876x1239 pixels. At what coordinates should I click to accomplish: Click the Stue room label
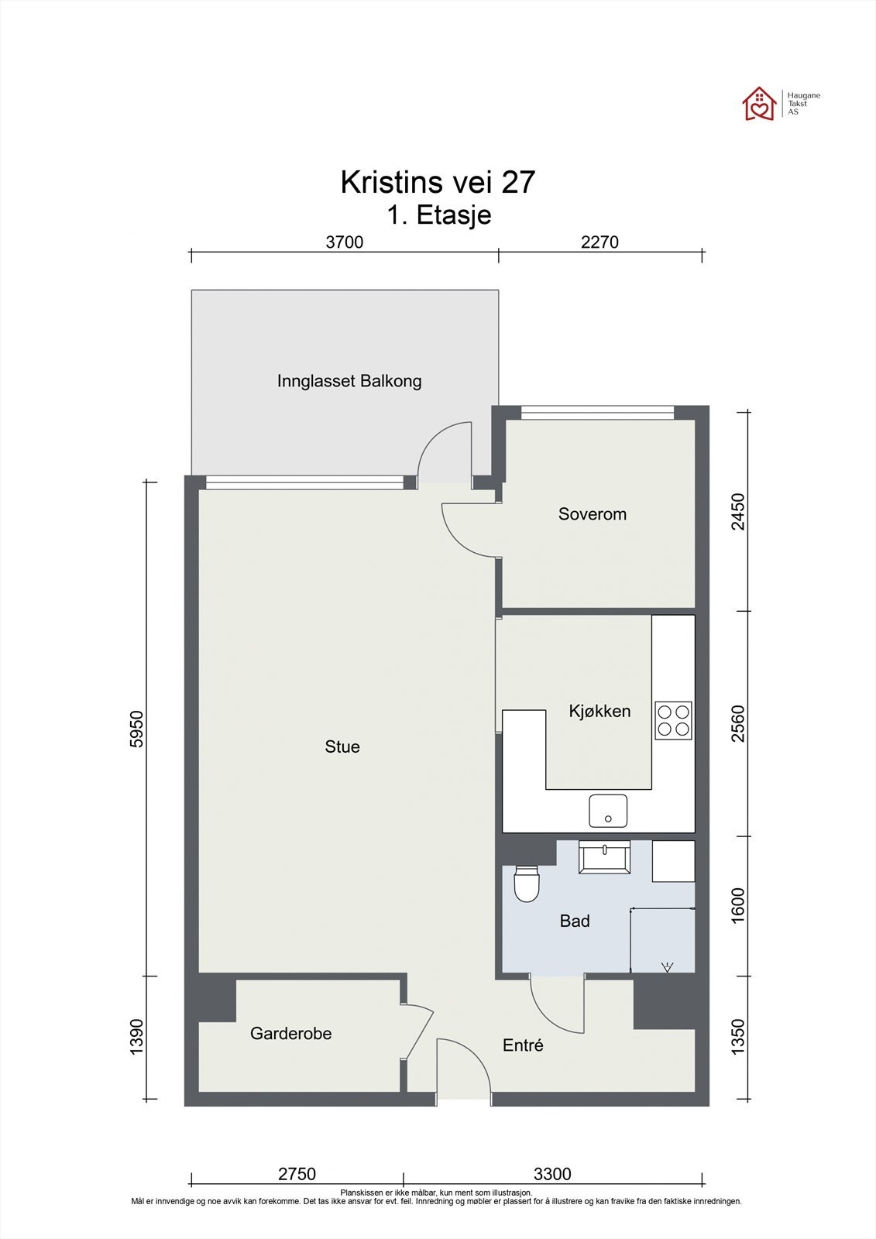click(x=342, y=746)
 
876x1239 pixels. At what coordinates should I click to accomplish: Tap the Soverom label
click(x=592, y=514)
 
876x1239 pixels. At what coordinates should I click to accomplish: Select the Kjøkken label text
click(x=599, y=711)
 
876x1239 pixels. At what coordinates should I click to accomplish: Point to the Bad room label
click(x=575, y=921)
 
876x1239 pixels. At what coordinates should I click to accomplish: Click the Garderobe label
click(x=290, y=1033)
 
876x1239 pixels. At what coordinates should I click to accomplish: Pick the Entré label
click(x=523, y=1045)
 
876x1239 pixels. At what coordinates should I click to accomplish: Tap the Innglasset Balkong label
click(x=349, y=381)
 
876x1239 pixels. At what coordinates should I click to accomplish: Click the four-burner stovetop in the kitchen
click(x=674, y=720)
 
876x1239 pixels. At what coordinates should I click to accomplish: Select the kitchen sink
click(x=607, y=811)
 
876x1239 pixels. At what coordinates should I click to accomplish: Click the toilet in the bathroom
click(x=526, y=884)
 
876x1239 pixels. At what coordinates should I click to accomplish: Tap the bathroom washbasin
click(x=604, y=857)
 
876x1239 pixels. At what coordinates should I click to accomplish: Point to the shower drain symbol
click(x=667, y=967)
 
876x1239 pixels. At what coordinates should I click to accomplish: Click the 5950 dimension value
click(x=136, y=729)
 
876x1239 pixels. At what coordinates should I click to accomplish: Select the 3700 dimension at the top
click(x=344, y=242)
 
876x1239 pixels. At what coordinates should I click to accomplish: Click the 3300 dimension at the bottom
click(x=552, y=1174)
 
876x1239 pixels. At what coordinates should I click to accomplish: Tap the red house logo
click(x=759, y=104)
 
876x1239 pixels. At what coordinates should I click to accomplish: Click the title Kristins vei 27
click(x=438, y=182)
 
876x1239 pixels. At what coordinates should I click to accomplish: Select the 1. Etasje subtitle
click(x=439, y=215)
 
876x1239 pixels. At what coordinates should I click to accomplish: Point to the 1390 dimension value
click(x=136, y=1037)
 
